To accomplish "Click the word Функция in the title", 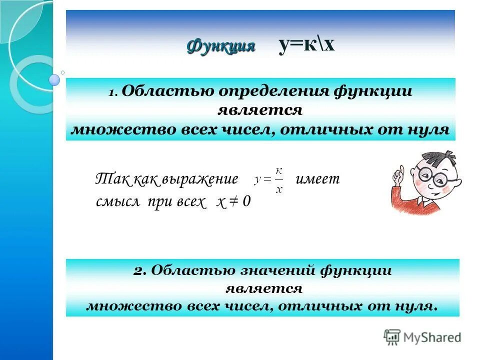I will point(221,46).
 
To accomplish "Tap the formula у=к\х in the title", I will point(306,45).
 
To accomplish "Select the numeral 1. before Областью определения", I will point(113,93).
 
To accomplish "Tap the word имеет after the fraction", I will point(317,179).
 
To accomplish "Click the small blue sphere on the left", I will point(54,79).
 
